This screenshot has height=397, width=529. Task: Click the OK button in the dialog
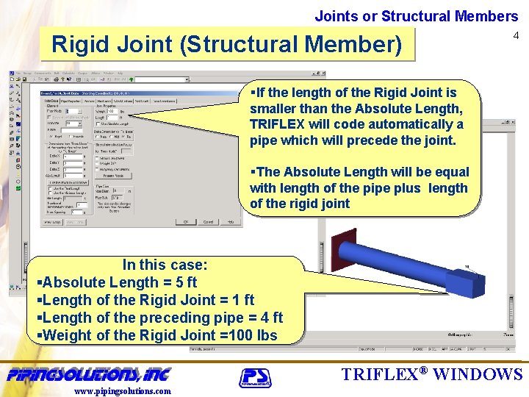coord(187,221)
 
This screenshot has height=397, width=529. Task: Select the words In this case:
coord(165,265)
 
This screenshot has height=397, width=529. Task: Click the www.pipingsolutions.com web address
coord(123,390)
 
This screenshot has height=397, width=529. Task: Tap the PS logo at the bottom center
coord(255,378)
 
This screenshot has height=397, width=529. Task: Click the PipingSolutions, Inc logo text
coord(89,374)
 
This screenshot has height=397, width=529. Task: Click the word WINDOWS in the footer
coord(478,373)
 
